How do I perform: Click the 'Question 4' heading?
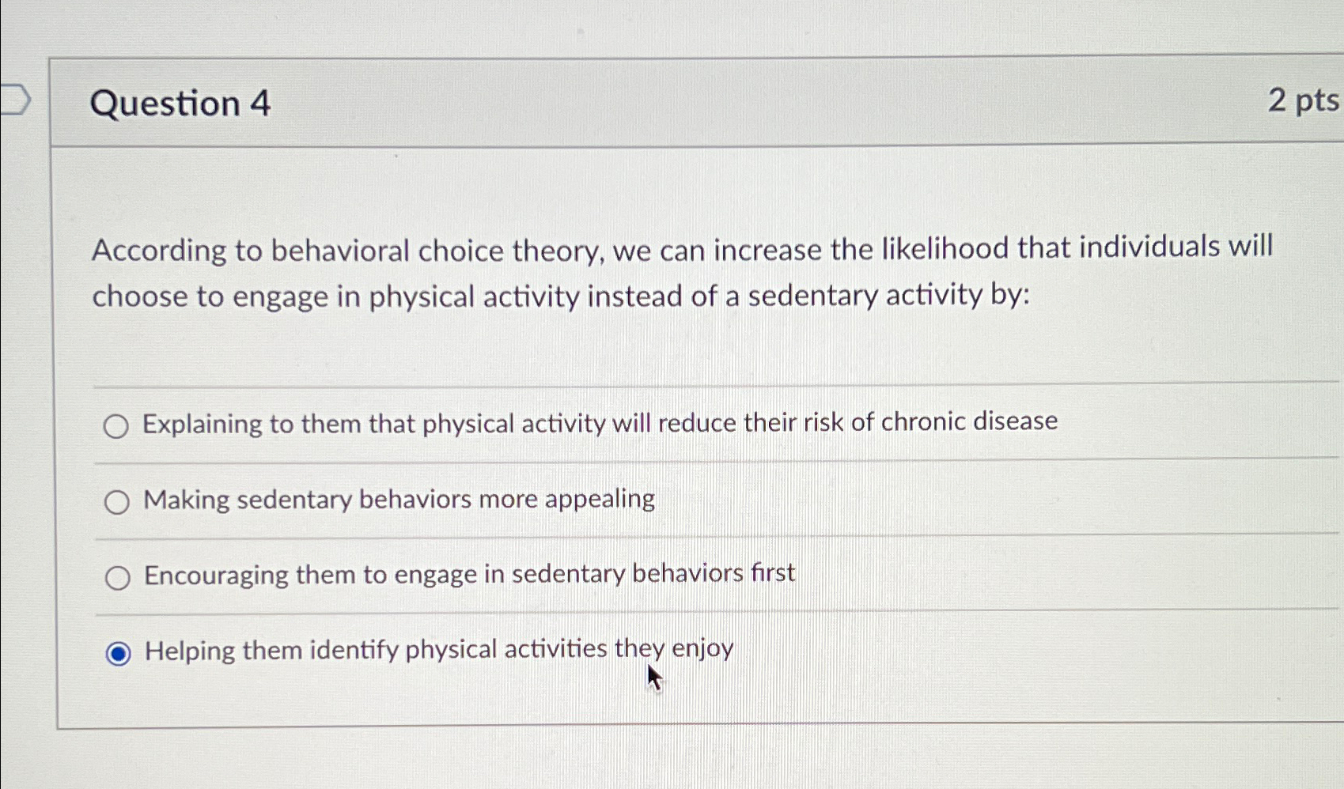(180, 104)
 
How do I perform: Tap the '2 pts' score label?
(1303, 100)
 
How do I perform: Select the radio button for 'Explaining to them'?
(116, 427)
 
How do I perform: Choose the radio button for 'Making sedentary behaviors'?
(117, 502)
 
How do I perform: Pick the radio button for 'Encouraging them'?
(118, 578)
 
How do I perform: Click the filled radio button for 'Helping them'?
(119, 654)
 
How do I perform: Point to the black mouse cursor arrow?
(653, 678)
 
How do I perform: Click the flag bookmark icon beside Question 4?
(14, 100)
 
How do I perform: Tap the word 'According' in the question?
(159, 251)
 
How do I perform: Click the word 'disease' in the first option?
(1015, 421)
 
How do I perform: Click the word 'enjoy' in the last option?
(702, 649)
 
